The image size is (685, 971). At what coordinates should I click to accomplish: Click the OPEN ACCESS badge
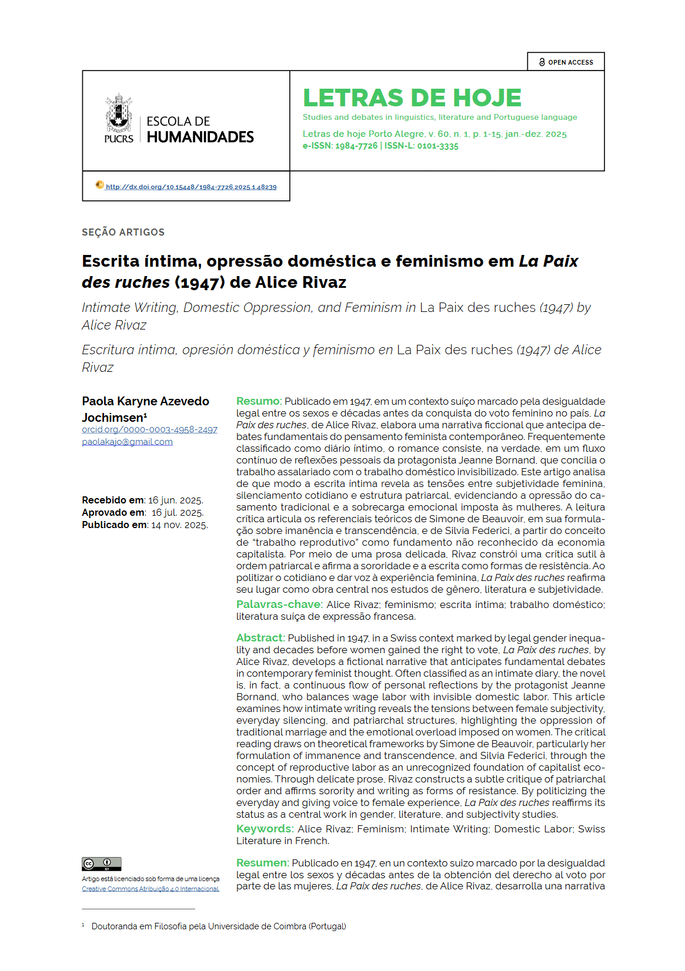566,62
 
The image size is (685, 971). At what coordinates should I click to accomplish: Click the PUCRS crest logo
119,113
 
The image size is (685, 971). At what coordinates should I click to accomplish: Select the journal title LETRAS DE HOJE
412,98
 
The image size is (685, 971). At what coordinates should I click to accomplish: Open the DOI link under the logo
191,187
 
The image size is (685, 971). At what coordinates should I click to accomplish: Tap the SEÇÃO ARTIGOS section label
123,232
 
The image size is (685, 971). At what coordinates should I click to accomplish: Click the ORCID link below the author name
149,429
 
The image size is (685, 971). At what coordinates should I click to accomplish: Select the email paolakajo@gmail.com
127,442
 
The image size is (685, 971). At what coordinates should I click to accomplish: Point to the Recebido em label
112,500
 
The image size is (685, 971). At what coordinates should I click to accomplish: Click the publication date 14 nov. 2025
179,525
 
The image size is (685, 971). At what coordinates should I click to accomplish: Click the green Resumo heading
259,401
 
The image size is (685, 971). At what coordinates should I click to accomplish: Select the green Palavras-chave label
279,604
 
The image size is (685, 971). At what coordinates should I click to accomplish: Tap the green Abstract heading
260,638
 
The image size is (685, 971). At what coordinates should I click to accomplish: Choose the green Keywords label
264,829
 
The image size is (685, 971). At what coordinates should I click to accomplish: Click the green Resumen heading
262,863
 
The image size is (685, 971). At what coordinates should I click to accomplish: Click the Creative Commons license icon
101,864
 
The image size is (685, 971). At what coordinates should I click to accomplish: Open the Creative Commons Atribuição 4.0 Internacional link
150,889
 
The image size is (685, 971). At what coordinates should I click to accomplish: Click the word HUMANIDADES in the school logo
200,137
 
